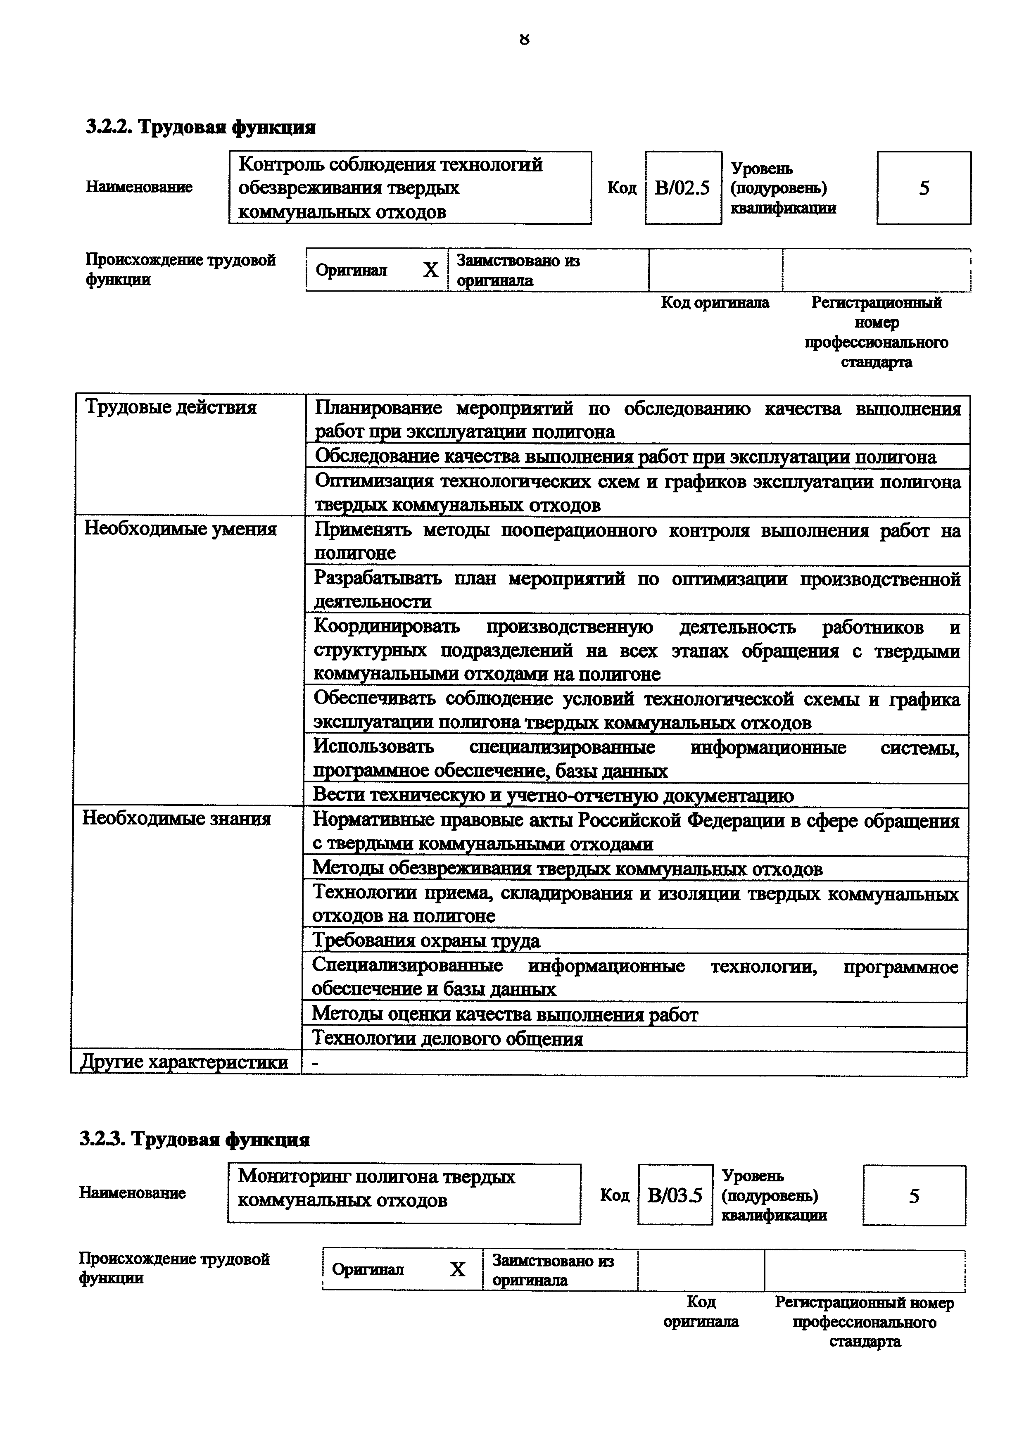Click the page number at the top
tap(524, 40)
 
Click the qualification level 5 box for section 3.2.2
tap(924, 188)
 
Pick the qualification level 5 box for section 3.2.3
tap(914, 1195)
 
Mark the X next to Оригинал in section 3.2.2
tap(430, 271)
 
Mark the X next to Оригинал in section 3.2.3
tap(457, 1270)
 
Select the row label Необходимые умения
tap(181, 529)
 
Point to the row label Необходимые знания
tap(177, 819)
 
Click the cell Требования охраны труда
tap(427, 941)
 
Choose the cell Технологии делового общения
tap(447, 1039)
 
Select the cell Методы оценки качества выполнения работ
tap(505, 1015)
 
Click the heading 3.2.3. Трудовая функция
tap(194, 1140)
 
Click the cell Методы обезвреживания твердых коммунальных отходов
tap(567, 869)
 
